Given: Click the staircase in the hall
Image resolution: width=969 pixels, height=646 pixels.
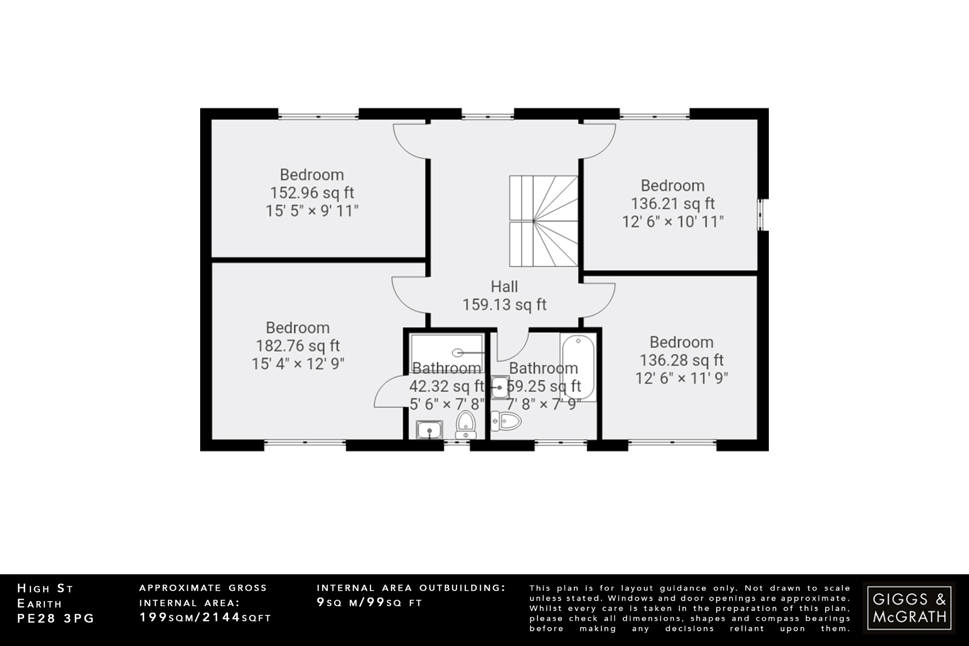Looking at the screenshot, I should click(543, 221).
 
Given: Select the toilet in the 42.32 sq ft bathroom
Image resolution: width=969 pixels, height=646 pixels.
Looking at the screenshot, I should click(466, 425).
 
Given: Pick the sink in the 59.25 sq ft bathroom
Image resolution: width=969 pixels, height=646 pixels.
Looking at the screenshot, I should click(499, 388).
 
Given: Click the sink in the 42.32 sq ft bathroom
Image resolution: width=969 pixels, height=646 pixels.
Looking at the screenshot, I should click(430, 430).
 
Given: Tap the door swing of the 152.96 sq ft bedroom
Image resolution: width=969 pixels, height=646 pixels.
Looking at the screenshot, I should click(410, 141).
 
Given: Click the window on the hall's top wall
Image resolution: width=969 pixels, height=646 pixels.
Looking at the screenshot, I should click(487, 114).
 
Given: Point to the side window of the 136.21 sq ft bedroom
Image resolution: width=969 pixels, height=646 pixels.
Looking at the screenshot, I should click(762, 215).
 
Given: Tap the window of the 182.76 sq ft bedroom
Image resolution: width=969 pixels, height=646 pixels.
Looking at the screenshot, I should click(305, 443).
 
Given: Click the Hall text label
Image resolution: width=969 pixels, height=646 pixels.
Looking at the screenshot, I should click(504, 287).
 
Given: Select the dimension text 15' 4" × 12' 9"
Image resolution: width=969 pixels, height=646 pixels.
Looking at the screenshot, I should click(298, 364).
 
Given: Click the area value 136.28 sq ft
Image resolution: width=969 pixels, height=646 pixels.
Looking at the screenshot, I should click(681, 361).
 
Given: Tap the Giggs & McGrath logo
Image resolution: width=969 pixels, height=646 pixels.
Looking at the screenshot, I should click(909, 608).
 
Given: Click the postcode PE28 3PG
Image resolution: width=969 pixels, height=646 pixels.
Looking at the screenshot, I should click(56, 619).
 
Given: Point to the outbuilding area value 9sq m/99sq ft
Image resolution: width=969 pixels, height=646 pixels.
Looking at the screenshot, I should click(369, 603).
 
